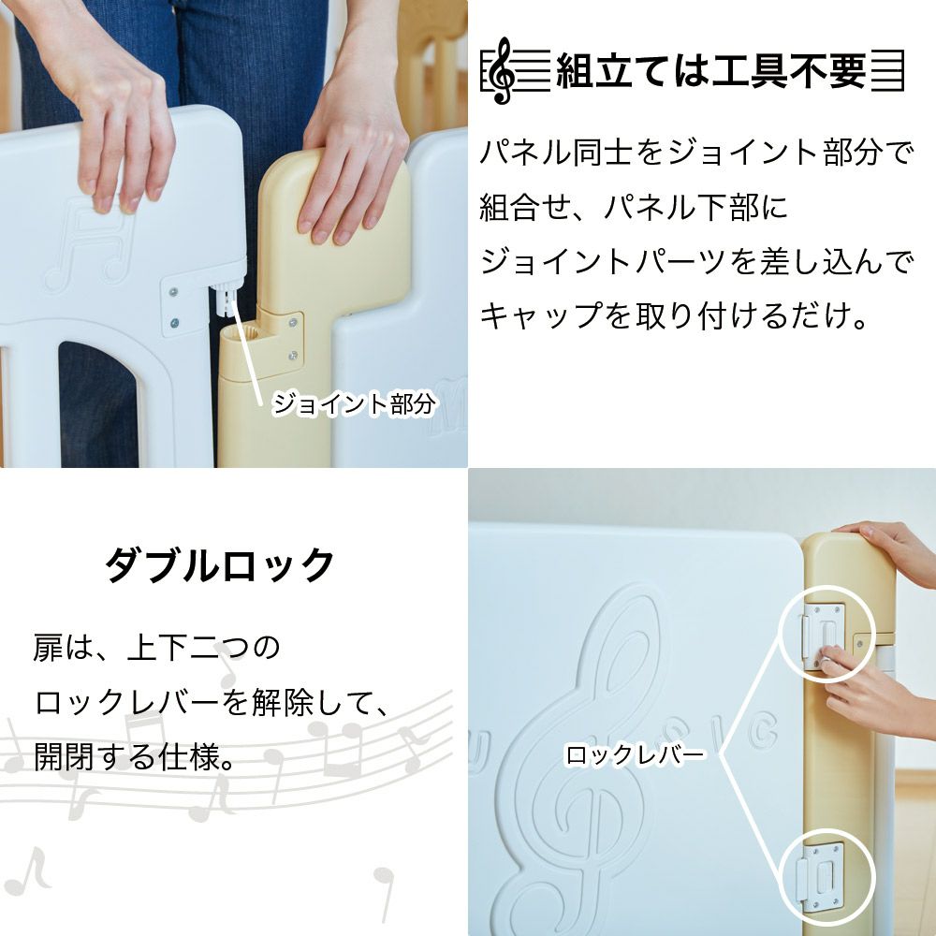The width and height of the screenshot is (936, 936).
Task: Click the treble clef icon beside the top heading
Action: click(503, 70)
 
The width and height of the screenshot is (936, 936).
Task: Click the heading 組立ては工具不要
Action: click(710, 71)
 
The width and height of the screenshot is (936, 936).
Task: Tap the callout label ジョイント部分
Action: click(353, 404)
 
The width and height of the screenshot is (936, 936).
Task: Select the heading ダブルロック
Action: click(219, 564)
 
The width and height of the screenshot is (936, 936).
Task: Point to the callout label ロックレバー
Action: click(635, 755)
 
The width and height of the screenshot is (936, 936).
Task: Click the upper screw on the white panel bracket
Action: click(174, 292)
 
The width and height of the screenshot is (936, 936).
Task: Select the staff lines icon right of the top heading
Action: click(887, 71)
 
